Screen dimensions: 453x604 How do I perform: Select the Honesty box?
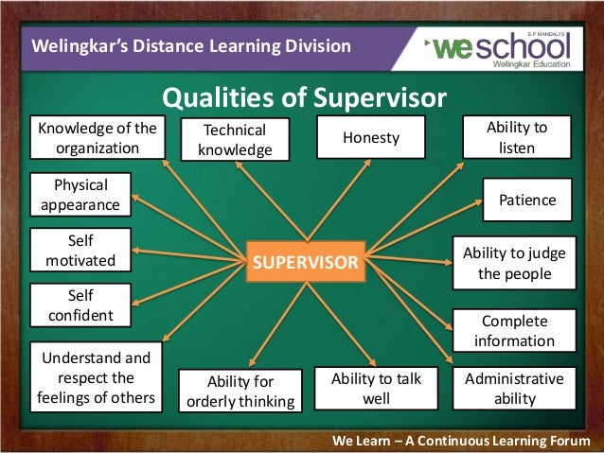(371, 138)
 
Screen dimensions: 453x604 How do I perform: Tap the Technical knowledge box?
(236, 140)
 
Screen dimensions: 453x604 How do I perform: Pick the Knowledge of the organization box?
(98, 138)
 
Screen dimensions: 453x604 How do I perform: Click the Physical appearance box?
(80, 195)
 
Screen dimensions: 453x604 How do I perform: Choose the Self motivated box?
(80, 250)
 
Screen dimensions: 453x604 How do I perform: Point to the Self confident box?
(80, 305)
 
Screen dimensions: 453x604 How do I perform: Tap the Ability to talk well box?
(376, 389)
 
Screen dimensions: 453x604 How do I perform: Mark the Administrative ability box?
(514, 389)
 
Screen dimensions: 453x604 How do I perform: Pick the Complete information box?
(516, 331)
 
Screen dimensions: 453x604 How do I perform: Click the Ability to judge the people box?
(514, 263)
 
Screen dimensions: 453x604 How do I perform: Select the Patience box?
(527, 200)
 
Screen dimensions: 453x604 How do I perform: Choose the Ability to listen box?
(516, 137)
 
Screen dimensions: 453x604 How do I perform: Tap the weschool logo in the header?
(501, 47)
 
